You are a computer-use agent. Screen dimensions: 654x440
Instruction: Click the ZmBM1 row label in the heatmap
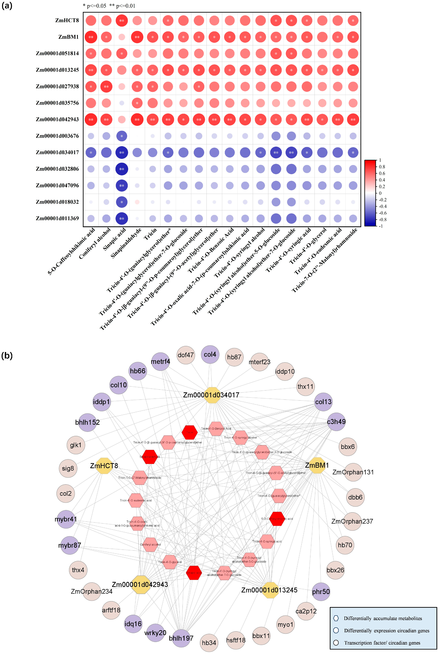(68, 37)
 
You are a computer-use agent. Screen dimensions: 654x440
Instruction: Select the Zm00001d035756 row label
(57, 103)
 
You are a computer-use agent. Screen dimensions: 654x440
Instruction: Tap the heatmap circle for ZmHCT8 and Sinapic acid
(121, 20)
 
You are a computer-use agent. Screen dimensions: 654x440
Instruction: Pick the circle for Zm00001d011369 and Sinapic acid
(121, 218)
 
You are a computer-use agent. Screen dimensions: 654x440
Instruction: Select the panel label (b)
(7, 356)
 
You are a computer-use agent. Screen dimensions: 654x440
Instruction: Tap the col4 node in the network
(210, 355)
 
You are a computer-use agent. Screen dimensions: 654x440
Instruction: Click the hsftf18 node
(236, 640)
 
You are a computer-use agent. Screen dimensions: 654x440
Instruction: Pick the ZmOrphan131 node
(353, 472)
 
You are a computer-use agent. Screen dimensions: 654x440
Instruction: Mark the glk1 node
(76, 445)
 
